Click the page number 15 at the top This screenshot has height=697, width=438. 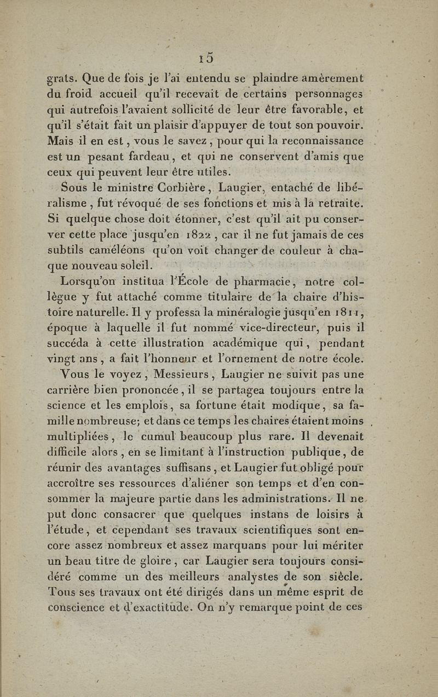coord(207,57)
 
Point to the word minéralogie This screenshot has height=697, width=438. coord(254,313)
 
